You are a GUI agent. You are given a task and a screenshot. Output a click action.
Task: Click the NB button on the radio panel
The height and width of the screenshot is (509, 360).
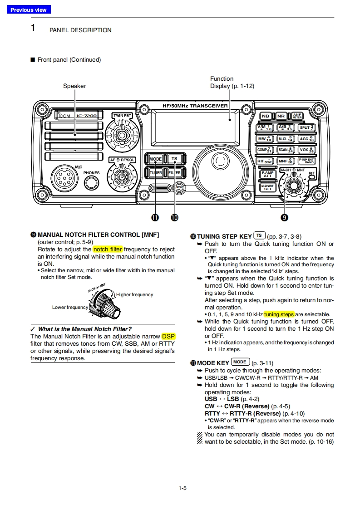[265, 116]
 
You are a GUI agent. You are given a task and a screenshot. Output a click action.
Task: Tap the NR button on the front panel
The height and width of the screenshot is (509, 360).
[281, 116]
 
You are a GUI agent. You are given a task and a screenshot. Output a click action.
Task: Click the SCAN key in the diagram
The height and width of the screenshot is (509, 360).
[286, 150]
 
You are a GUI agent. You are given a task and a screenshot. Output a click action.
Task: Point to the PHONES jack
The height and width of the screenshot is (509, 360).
[91, 182]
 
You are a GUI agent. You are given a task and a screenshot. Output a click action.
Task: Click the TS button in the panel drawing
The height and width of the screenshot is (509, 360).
[174, 159]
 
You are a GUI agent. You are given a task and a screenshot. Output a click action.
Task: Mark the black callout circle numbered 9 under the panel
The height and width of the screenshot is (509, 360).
[284, 218]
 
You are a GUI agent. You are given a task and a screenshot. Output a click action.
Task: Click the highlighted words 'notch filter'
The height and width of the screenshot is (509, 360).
[108, 249]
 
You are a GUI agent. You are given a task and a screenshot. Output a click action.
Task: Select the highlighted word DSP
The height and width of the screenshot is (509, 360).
[168, 336]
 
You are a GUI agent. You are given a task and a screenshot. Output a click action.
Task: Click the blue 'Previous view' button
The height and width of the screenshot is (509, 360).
[29, 10]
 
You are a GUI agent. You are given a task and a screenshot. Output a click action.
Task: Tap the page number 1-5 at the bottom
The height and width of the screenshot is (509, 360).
[182, 488]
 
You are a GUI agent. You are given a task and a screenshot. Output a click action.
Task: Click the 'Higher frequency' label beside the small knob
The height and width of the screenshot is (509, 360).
[135, 294]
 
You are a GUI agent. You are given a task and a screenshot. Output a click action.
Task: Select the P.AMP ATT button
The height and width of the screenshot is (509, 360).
[267, 174]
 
